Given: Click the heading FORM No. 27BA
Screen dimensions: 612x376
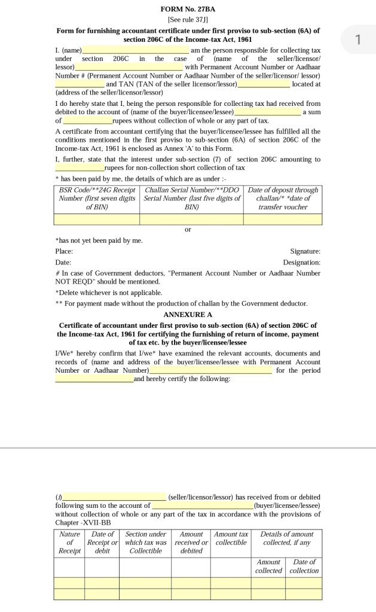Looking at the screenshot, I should point(188,10).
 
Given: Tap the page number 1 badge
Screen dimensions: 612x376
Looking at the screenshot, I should point(357,40).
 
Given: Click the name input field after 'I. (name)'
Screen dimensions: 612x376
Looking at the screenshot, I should point(136,50).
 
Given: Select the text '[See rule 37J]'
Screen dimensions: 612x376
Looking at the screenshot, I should point(188,20).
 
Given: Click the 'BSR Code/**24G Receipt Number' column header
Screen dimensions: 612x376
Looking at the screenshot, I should point(97,198).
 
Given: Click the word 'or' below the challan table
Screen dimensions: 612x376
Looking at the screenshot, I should point(188,229).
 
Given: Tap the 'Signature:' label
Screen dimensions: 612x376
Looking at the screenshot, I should point(305,251).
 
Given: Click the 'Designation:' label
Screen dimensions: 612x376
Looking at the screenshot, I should point(301,262).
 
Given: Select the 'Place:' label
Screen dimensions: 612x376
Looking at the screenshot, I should point(64,251).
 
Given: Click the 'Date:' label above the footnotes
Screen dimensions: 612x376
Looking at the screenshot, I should point(63,262).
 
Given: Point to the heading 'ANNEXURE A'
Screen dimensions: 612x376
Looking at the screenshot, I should point(188,314).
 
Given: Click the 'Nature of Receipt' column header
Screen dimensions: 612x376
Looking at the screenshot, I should point(69,542).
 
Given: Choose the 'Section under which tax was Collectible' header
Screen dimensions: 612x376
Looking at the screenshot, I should point(145,542).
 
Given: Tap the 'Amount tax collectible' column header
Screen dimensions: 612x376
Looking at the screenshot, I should point(231,538).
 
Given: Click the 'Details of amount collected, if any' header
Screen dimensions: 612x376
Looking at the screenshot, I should point(286,538).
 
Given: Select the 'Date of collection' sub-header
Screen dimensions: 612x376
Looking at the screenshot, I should point(304,566).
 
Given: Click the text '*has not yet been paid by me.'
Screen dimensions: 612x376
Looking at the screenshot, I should point(99,240).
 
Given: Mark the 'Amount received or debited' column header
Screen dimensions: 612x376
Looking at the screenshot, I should point(191,542).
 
